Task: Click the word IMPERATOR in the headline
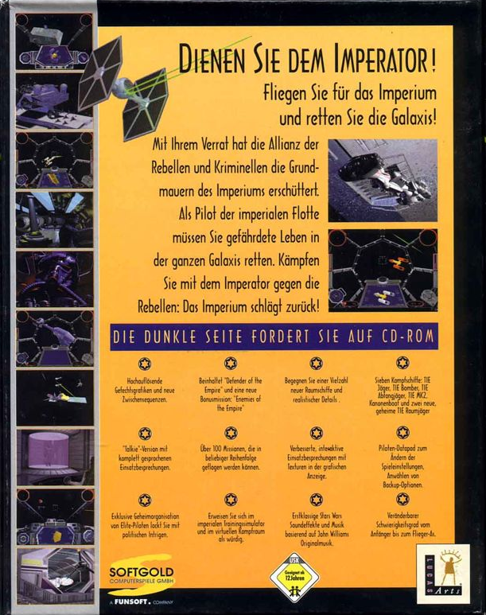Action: [x=372, y=60]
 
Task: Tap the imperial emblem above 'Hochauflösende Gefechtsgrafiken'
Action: [x=144, y=364]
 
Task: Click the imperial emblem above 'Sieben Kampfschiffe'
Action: [x=402, y=364]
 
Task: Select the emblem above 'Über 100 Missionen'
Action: [x=230, y=433]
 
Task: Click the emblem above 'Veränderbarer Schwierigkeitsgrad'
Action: [x=402, y=500]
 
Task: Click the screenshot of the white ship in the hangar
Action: [x=383, y=180]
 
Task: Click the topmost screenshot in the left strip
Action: [x=54, y=41]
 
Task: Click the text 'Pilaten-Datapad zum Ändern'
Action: [x=402, y=458]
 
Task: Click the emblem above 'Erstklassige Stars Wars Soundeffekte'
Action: [x=317, y=500]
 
